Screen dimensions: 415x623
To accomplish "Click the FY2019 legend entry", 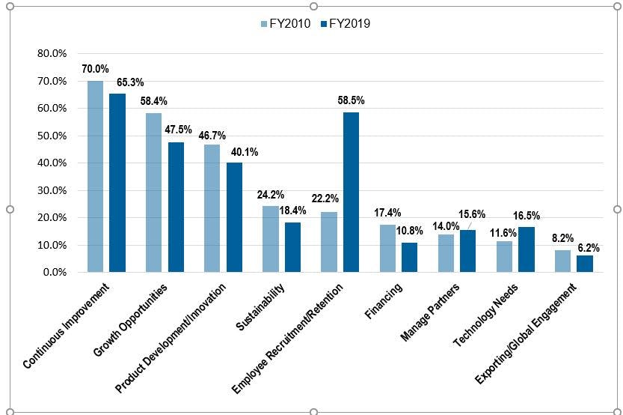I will [x=345, y=23].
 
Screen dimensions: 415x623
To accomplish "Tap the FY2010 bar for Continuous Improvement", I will [x=95, y=176].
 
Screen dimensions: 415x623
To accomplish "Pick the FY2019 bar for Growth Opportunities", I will [x=176, y=207].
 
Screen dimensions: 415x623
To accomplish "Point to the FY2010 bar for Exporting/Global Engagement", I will [x=563, y=261].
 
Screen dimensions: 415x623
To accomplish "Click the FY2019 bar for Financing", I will [x=410, y=257].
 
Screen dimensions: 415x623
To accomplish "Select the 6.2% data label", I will [x=586, y=246].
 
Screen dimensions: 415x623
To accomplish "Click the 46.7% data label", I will [x=212, y=136].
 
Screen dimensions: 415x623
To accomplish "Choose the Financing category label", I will [x=385, y=300].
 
